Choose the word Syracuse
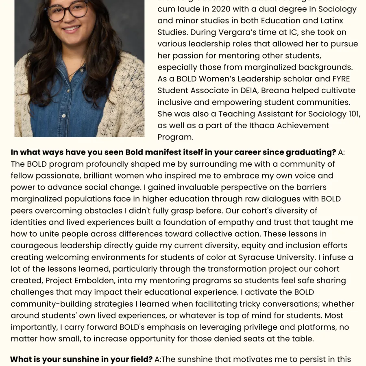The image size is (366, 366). click(271, 257)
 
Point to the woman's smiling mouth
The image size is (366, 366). click(71, 29)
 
